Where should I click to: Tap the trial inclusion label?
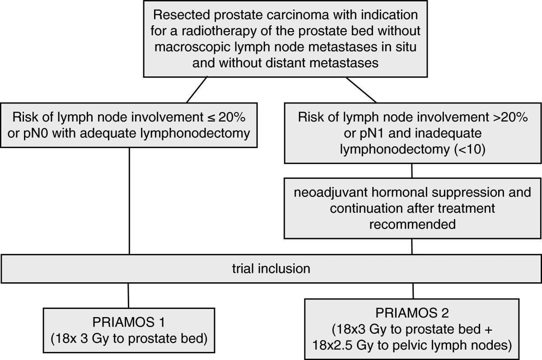(x=271, y=268)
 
